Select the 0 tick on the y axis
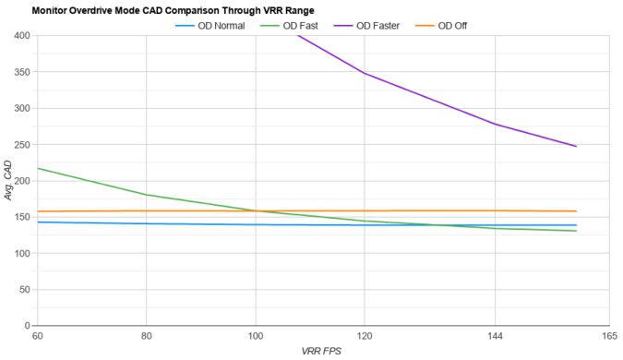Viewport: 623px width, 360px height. pos(28,326)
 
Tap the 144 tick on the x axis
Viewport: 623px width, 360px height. pos(495,336)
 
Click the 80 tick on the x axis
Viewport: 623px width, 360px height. pos(146,336)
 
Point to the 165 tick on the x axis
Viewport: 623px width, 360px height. pos(609,336)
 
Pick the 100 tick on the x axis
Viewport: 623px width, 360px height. pos(256,336)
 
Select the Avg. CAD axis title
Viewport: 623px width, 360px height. pos(8,181)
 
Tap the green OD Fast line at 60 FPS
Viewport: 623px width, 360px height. pos(38,168)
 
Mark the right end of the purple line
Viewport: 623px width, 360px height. pos(576,146)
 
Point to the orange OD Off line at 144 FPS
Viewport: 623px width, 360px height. pos(495,210)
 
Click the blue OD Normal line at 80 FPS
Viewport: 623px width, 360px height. pos(146,223)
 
